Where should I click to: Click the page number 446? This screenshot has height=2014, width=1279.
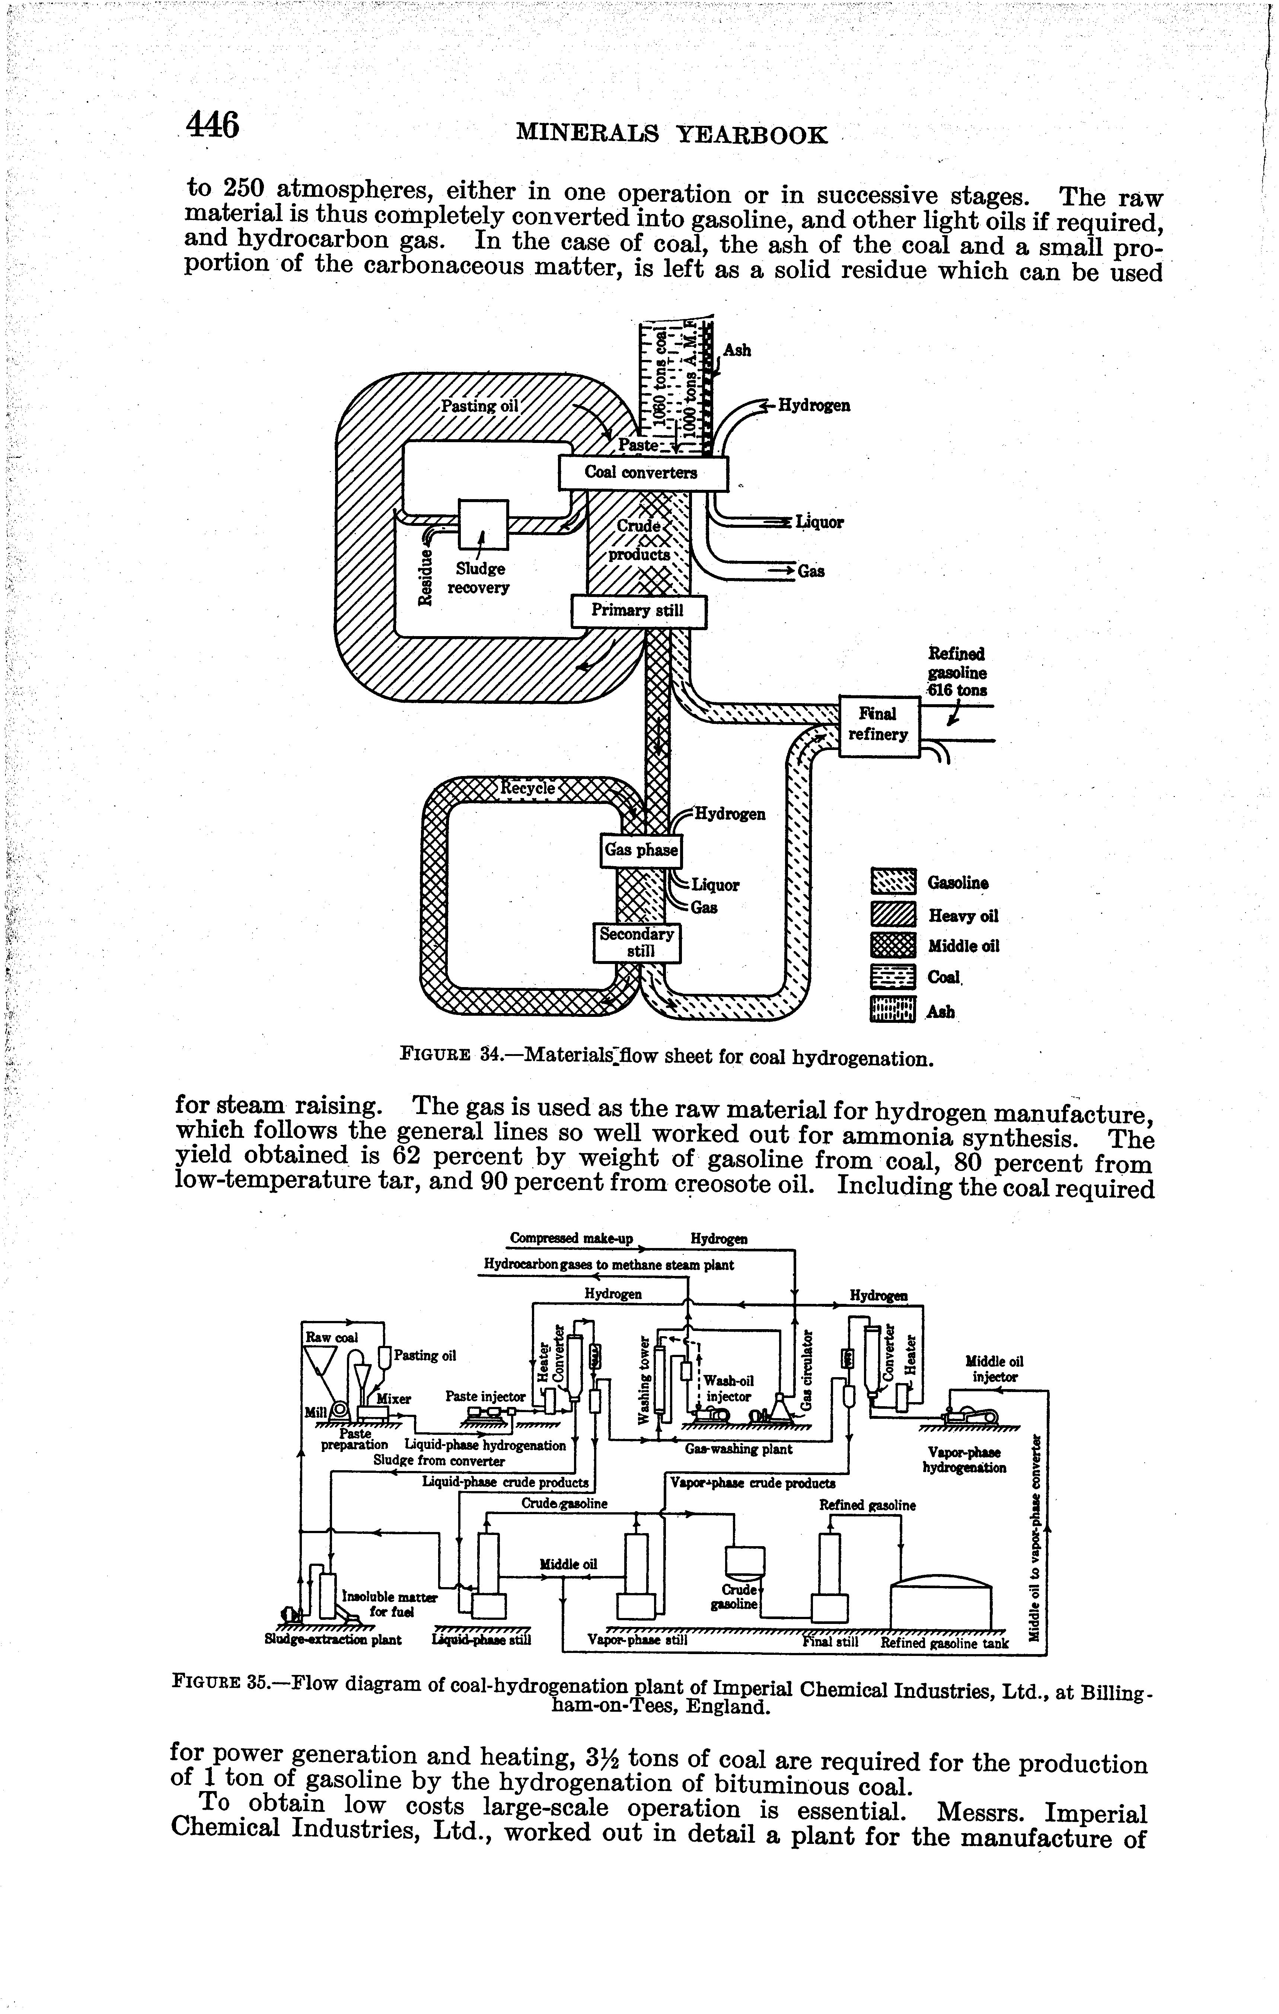(x=213, y=125)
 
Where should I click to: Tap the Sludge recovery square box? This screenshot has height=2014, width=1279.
(x=483, y=524)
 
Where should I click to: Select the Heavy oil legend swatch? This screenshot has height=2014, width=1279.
(x=893, y=915)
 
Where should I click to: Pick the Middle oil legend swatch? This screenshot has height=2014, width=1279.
(x=893, y=946)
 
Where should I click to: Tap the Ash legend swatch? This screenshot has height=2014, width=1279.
(x=893, y=1010)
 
